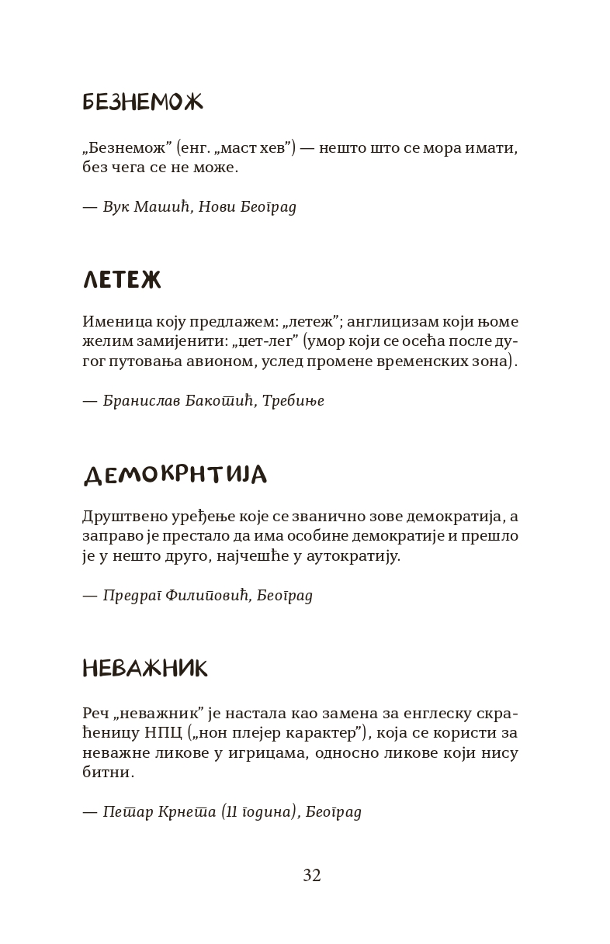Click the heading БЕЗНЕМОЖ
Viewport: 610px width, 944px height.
(x=142, y=102)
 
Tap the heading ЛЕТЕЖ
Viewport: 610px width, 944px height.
(x=121, y=280)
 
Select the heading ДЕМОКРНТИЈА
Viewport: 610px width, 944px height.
(x=175, y=475)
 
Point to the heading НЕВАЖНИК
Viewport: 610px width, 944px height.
(x=145, y=669)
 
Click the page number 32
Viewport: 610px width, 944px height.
(x=312, y=876)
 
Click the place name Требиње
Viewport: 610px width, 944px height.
(x=293, y=401)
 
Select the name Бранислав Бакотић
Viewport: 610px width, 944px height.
(x=178, y=401)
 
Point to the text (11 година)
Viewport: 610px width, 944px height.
(x=258, y=812)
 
